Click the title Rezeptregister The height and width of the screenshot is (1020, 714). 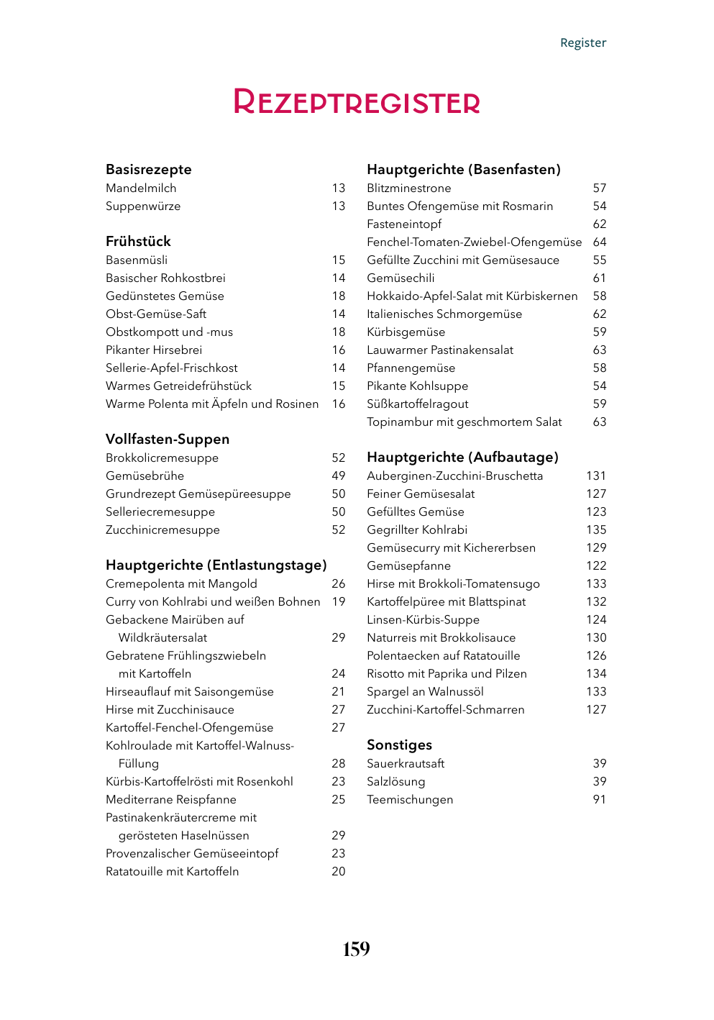[x=357, y=102]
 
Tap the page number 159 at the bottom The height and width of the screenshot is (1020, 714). [x=356, y=950]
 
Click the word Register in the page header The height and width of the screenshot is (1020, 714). [x=583, y=43]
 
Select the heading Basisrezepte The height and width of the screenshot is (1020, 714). [x=149, y=170]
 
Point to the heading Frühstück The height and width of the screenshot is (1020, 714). [x=138, y=242]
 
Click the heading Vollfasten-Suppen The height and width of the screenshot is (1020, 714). [x=168, y=440]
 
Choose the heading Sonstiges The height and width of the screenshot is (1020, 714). [x=399, y=745]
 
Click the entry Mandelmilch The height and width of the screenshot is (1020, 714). [x=141, y=188]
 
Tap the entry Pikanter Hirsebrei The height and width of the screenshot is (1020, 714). [x=154, y=350]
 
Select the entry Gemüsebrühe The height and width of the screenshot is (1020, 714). [x=145, y=476]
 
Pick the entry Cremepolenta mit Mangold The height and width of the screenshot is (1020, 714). [x=181, y=584]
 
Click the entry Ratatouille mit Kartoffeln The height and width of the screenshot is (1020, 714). [x=172, y=872]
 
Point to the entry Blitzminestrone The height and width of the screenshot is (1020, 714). [x=409, y=188]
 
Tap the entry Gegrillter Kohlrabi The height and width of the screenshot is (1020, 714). [x=417, y=530]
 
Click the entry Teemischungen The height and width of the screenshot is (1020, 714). [x=410, y=800]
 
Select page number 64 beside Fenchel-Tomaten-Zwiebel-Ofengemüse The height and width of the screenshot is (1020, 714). [x=600, y=242]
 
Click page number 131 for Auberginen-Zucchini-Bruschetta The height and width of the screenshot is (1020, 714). [x=596, y=476]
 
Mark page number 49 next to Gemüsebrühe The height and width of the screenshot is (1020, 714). [x=339, y=476]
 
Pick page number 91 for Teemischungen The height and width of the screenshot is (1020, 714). [x=600, y=800]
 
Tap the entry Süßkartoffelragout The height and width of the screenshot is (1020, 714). [x=418, y=404]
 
